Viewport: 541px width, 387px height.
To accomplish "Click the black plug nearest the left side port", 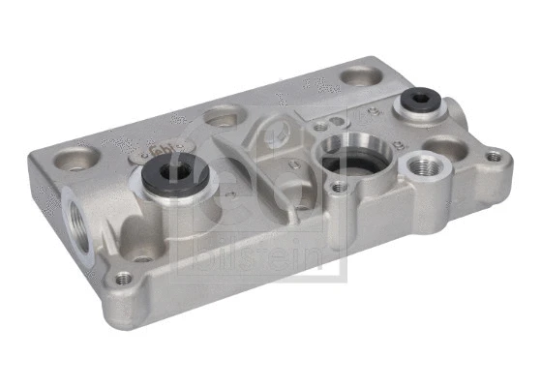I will pyautogui.click(x=177, y=174).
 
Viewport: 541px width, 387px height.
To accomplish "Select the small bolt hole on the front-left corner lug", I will pyautogui.click(x=123, y=279).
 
